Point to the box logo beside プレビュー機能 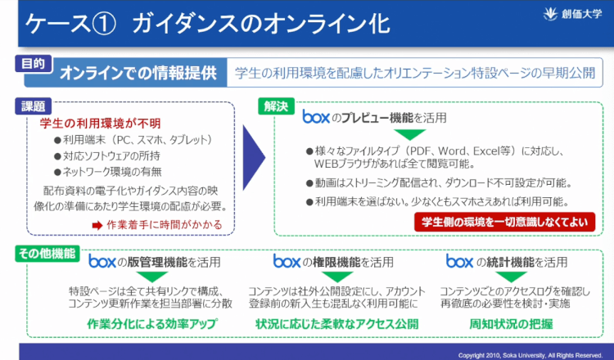pyautogui.click(x=316, y=117)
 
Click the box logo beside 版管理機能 pyautogui.click(x=102, y=262)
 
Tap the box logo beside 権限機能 pyautogui.click(x=287, y=262)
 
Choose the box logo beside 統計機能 pyautogui.click(x=459, y=262)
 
